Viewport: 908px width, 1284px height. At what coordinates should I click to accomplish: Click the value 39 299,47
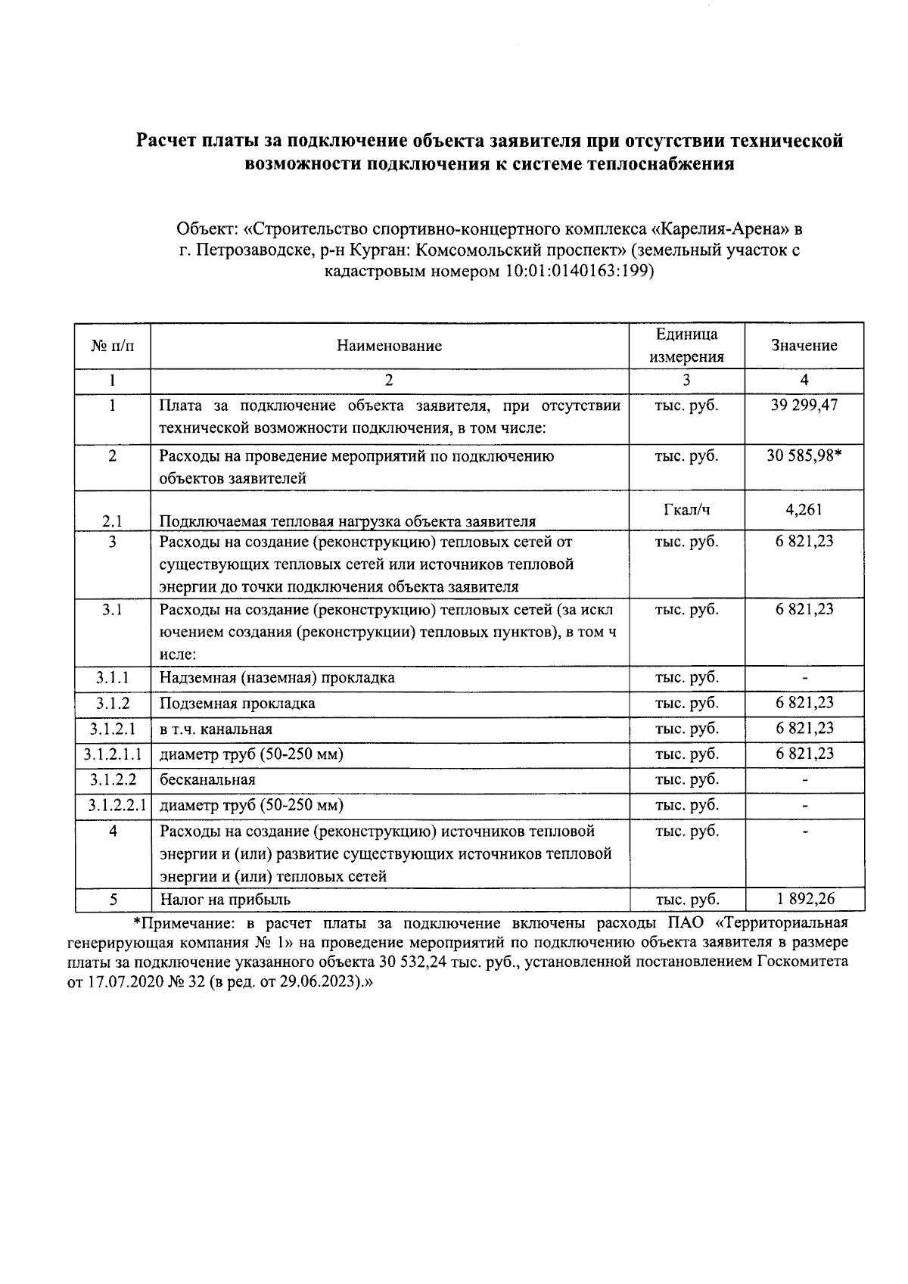[x=804, y=406]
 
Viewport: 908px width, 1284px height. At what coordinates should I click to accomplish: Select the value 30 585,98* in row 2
[x=804, y=456]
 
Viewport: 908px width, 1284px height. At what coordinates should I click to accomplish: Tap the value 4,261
[x=804, y=510]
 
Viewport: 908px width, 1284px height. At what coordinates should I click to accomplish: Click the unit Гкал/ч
[x=686, y=510]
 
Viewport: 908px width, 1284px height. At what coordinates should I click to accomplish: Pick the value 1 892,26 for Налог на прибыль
[x=804, y=899]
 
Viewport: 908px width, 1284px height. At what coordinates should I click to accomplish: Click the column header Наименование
[x=389, y=347]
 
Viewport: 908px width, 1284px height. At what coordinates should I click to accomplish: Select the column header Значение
[x=804, y=346]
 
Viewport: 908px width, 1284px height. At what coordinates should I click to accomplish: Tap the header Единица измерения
[x=686, y=346]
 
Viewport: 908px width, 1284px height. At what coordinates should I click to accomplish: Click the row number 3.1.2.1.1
[x=113, y=754]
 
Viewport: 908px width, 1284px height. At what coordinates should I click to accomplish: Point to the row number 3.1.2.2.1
[x=113, y=805]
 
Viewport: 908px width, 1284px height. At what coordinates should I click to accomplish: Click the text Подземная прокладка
[x=237, y=704]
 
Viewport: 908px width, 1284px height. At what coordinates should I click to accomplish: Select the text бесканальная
[x=207, y=780]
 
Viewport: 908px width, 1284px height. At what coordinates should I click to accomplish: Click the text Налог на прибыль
[x=225, y=900]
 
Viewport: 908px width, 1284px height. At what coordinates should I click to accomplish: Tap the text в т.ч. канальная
[x=216, y=729]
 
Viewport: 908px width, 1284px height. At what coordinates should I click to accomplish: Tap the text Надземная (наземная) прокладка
[x=277, y=677]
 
